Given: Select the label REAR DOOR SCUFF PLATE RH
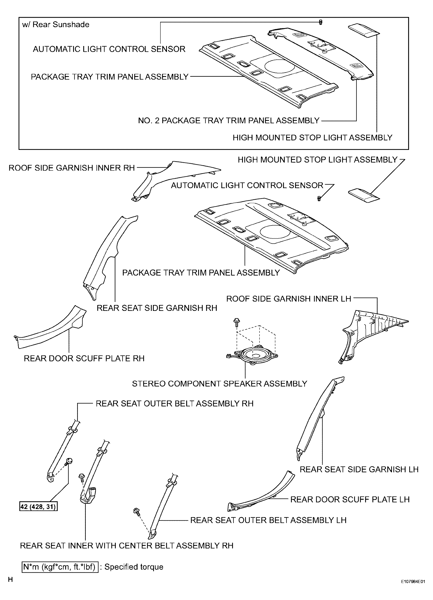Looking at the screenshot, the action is tap(84, 358).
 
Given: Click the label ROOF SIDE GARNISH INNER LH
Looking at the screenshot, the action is tap(289, 299).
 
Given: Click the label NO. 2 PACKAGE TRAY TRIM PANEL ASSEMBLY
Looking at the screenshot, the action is tap(229, 121).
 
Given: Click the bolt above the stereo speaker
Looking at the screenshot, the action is tap(236, 322).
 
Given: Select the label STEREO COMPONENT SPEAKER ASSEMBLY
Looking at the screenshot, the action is tap(219, 384).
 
